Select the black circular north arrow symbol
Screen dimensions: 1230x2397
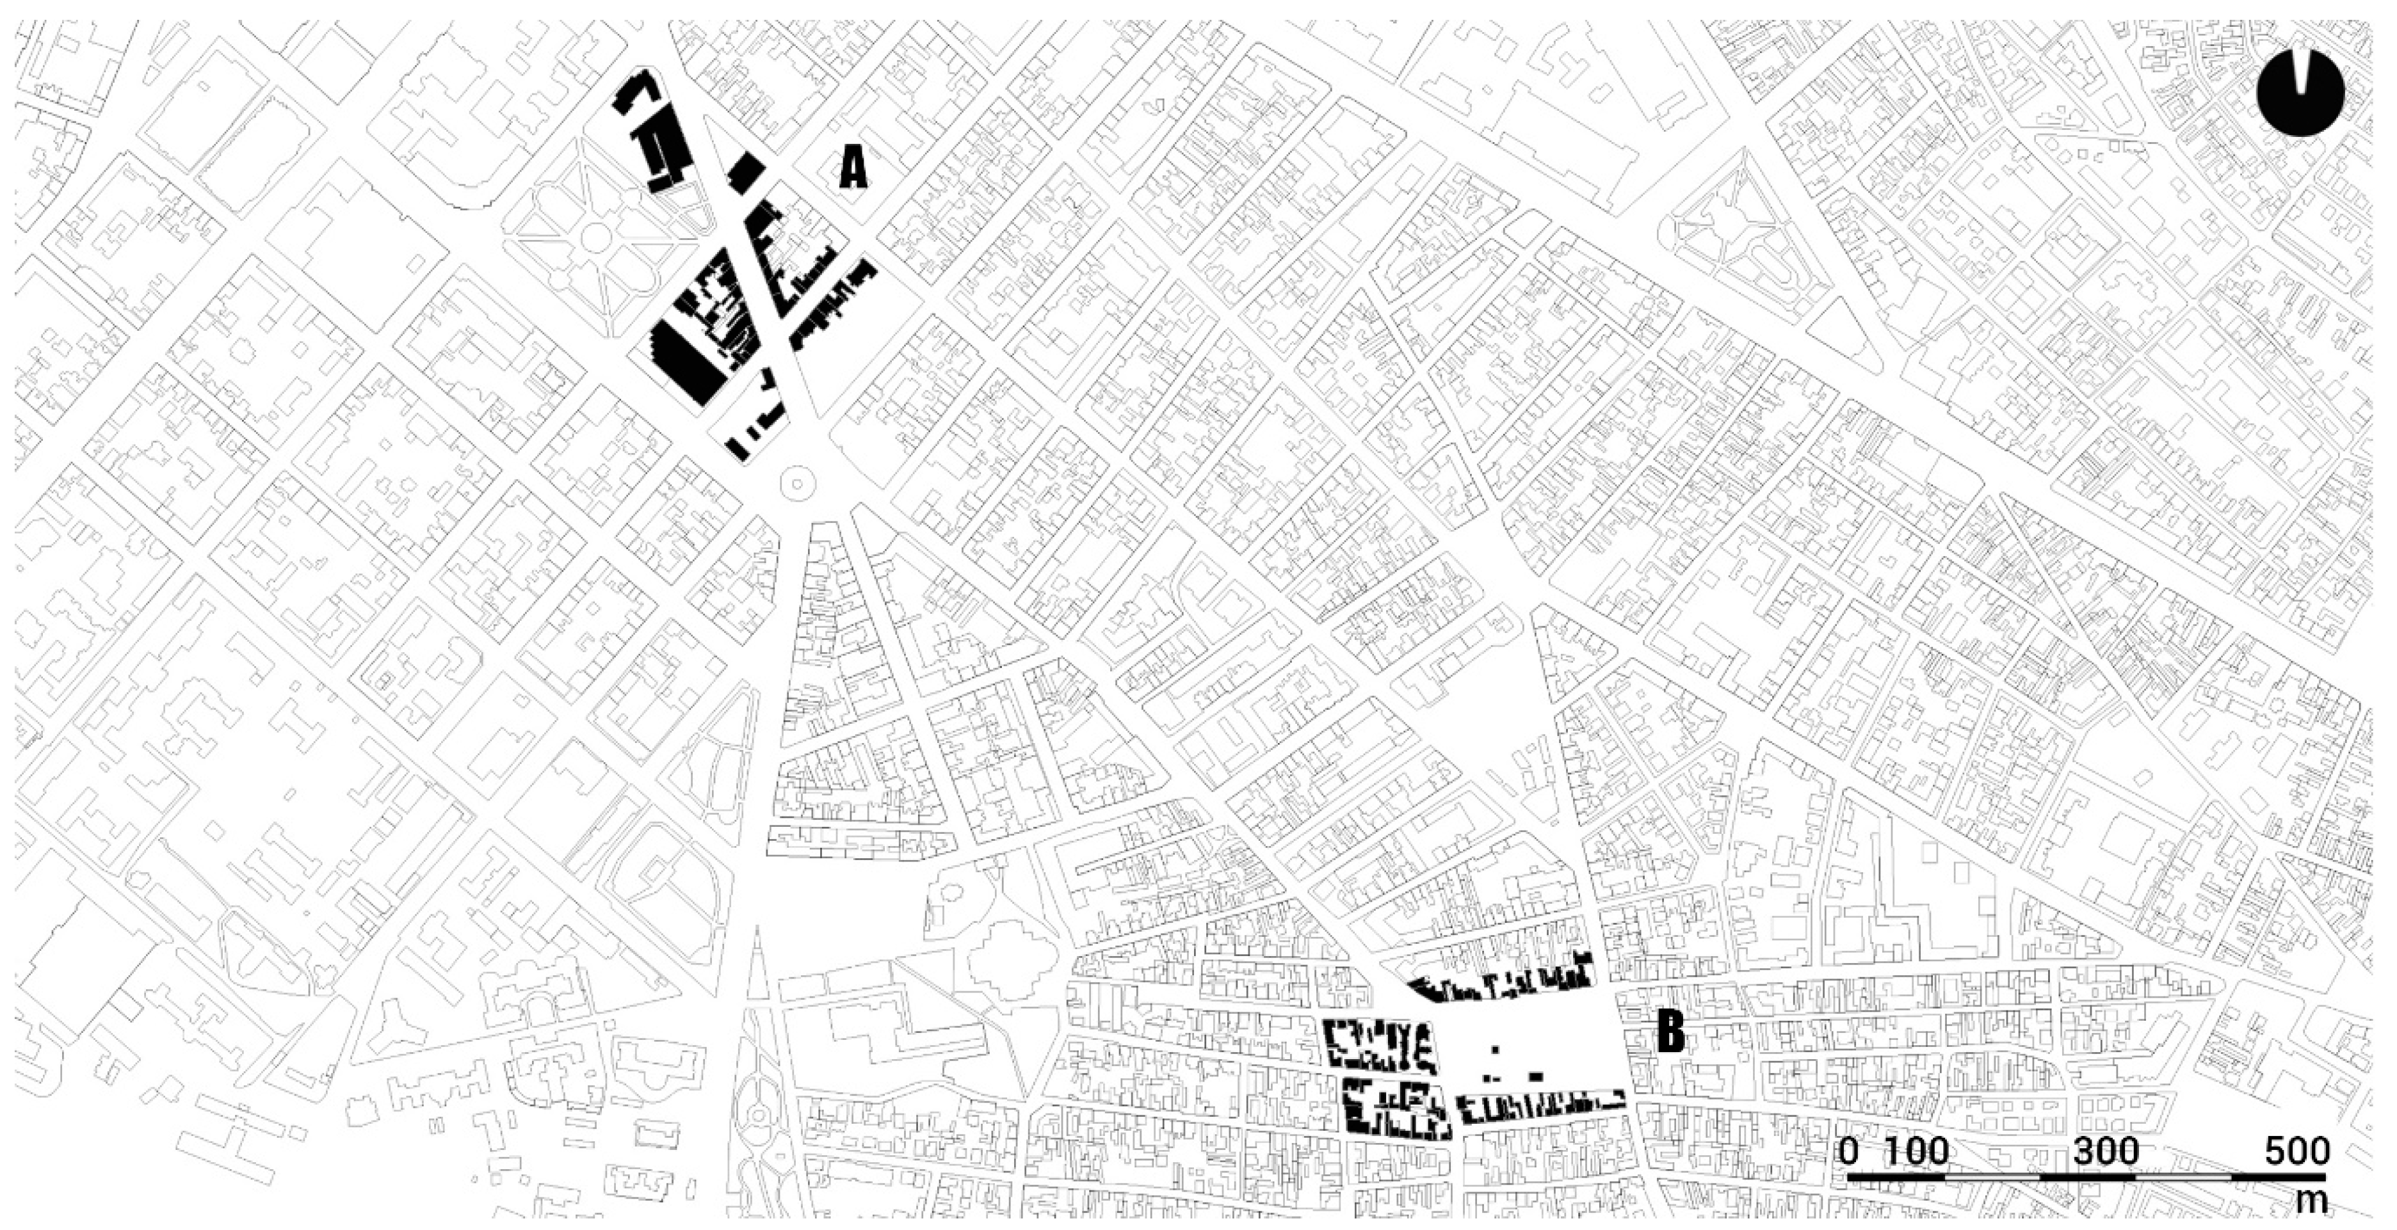tap(2300, 93)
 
